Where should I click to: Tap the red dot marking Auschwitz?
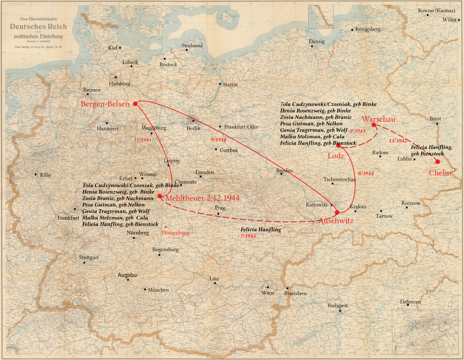tap(337, 212)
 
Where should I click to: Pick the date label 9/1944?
tap(218, 139)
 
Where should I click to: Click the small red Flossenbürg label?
tap(175, 233)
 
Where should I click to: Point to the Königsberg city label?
tap(368, 29)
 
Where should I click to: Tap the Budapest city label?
tap(338, 305)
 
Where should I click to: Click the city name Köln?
tap(45, 175)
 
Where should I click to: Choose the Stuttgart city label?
tap(89, 257)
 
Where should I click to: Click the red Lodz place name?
tap(336, 156)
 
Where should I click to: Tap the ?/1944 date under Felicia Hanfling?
tap(248, 236)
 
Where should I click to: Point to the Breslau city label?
tap(285, 170)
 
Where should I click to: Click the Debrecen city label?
tap(410, 302)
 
